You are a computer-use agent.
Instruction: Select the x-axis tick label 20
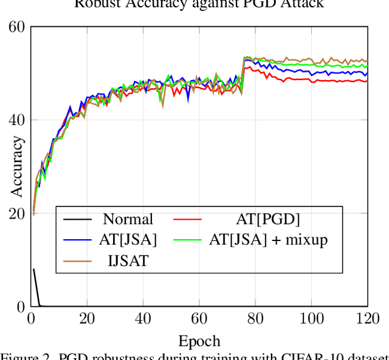click(87, 319)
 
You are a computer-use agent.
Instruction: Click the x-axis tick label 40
click(143, 319)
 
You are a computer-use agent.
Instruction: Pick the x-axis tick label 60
click(199, 319)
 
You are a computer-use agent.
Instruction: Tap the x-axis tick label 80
click(255, 319)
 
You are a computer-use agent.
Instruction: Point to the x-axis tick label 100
click(311, 319)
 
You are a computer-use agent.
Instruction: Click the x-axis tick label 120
click(367, 319)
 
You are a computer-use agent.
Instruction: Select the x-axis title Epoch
click(199, 340)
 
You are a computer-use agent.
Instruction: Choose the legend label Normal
click(128, 219)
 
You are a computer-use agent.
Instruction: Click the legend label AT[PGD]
click(268, 219)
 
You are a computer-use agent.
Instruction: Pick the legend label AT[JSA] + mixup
click(268, 240)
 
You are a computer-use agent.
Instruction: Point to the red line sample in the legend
click(187, 219)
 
